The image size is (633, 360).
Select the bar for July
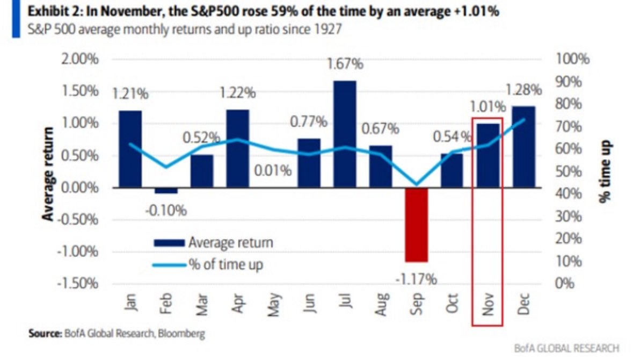345,134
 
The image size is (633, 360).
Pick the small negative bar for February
166,190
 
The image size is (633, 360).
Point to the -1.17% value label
417,279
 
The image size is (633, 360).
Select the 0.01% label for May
273,172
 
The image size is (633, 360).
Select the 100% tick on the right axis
573,59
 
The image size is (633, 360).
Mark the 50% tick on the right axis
570,171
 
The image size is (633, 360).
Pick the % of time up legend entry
209,264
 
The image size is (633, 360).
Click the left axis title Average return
49,174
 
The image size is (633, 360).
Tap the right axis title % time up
606,171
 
